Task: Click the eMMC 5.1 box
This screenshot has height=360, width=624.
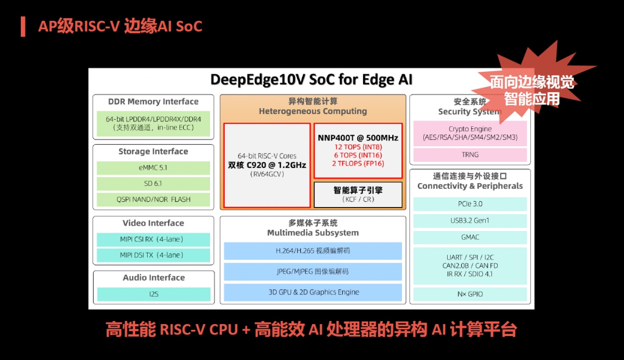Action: (x=153, y=168)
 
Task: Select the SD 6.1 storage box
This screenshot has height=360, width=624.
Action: (x=153, y=184)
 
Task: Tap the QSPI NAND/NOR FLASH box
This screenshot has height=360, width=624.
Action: (x=153, y=199)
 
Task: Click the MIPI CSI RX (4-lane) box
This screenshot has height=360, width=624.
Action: (x=153, y=239)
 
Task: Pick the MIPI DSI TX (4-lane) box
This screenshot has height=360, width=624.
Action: (x=153, y=255)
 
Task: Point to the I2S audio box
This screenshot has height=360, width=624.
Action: (x=153, y=294)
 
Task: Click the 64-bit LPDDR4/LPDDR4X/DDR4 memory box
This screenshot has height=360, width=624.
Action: (x=153, y=123)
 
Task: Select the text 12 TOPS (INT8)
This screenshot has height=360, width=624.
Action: (x=358, y=147)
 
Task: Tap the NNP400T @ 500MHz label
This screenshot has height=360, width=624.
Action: (x=358, y=138)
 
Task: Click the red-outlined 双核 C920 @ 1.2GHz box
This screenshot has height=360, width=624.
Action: (x=267, y=165)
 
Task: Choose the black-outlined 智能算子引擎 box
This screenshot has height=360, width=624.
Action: (x=358, y=194)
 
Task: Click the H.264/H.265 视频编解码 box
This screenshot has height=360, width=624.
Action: (x=313, y=251)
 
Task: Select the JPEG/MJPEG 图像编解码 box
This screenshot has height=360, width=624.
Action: (x=313, y=272)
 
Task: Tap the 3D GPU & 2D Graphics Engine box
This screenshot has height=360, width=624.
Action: (x=313, y=292)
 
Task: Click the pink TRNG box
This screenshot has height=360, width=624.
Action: (x=470, y=155)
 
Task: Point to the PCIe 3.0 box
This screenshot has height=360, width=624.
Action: (x=470, y=204)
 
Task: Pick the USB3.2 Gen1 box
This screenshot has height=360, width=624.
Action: (x=470, y=221)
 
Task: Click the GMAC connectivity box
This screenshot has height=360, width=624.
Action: (x=470, y=237)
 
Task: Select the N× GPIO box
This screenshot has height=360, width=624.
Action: (x=470, y=294)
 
